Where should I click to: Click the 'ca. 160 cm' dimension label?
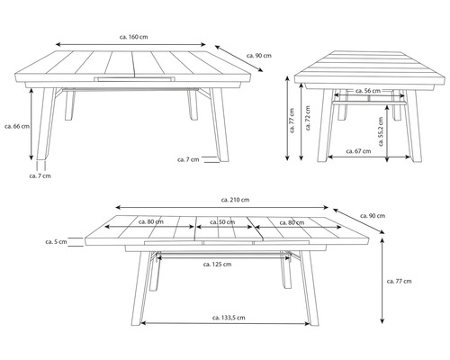pyautogui.click(x=133, y=37)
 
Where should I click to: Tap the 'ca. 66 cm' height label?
pyautogui.click(x=17, y=126)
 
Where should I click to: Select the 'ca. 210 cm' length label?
pyautogui.click(x=235, y=200)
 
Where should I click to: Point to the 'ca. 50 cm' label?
pyautogui.click(x=222, y=222)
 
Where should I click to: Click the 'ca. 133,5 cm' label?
pyautogui.click(x=229, y=318)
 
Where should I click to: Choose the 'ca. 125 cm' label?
pyautogui.click(x=217, y=265)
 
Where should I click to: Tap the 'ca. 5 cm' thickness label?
pyautogui.click(x=56, y=241)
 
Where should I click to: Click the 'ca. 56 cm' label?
pyautogui.click(x=368, y=91)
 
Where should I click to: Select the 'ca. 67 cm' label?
pyautogui.click(x=358, y=151)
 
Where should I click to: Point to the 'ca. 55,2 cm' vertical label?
pyautogui.click(x=381, y=131)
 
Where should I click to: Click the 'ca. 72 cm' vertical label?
pyautogui.click(x=308, y=118)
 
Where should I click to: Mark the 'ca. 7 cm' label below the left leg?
pyautogui.click(x=40, y=175)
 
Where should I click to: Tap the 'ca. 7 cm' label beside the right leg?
pyautogui.click(x=188, y=159)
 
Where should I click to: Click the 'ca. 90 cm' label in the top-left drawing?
pyautogui.click(x=259, y=56)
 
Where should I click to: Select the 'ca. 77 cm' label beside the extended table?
pyautogui.click(x=399, y=281)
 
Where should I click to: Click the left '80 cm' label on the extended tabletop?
pyautogui.click(x=151, y=222)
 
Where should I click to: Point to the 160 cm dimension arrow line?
pyautogui.click(x=130, y=45)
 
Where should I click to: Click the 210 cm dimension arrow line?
pyautogui.click(x=222, y=207)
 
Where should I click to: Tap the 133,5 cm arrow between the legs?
pyautogui.click(x=225, y=323)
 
